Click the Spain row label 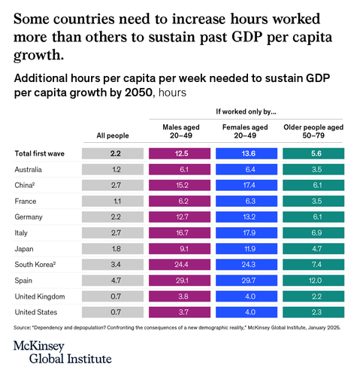coord(23,280)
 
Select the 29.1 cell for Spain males coord(180,280)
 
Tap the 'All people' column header coord(113,135)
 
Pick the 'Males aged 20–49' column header coord(181,132)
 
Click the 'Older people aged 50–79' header coord(313,132)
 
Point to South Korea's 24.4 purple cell coord(180,265)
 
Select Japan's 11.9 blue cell coord(247,249)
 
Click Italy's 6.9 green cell coord(313,232)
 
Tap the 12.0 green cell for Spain coord(313,280)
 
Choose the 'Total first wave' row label coord(40,153)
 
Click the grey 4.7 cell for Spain coord(113,280)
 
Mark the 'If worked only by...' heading coord(246,111)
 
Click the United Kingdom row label coord(40,296)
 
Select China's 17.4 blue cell coord(247,185)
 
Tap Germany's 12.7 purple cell coord(180,217)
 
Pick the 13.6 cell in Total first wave coord(247,153)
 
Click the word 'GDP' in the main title coord(247,37)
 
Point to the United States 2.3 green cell coord(313,312)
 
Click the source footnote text coord(177,328)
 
